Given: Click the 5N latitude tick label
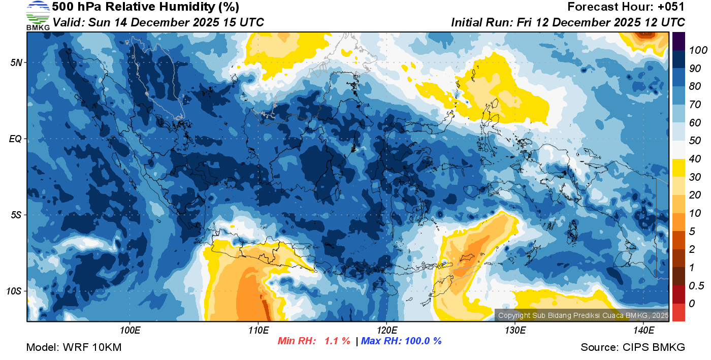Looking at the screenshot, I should pyautogui.click(x=16, y=62).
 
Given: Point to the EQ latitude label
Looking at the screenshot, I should pyautogui.click(x=15, y=139).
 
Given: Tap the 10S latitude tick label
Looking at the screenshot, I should pyautogui.click(x=14, y=291).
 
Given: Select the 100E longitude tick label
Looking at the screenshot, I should pyautogui.click(x=130, y=331).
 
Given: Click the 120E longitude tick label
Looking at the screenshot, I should pyautogui.click(x=386, y=331).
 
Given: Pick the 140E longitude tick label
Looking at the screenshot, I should pyautogui.click(x=643, y=331).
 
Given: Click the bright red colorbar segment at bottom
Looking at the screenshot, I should pyautogui.click(x=678, y=312).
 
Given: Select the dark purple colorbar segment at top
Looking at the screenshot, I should pyautogui.click(x=678, y=41).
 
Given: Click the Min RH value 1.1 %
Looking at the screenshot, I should pyautogui.click(x=337, y=341).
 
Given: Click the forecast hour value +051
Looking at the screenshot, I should pyautogui.click(x=671, y=7).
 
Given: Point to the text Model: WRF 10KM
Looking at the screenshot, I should pyautogui.click(x=74, y=348).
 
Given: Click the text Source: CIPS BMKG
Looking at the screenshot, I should pyautogui.click(x=633, y=348).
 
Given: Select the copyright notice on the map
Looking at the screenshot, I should pyautogui.click(x=583, y=316).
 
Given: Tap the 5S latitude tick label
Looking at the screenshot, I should pyautogui.click(x=16, y=215).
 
